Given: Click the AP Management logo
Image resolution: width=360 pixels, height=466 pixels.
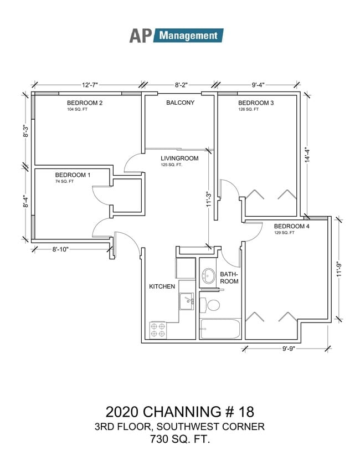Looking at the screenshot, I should (176, 35).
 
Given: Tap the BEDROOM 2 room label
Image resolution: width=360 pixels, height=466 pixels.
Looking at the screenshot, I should (85, 103).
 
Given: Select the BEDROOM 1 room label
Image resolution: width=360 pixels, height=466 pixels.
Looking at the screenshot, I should (73, 175).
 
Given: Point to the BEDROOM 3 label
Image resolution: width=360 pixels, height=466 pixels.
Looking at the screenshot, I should (256, 103).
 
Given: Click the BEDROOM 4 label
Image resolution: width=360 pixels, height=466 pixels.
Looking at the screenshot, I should (292, 226).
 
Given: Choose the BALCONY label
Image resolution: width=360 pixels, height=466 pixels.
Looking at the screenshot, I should (180, 103).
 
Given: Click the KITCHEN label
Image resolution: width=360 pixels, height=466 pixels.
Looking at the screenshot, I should (162, 286).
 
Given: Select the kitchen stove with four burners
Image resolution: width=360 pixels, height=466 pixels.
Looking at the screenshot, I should (158, 330).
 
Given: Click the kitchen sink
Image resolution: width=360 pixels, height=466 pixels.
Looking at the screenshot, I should (186, 301).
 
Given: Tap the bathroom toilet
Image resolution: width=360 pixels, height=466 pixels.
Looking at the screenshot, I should (211, 305).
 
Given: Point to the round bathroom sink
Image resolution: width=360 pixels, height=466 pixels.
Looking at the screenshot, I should (209, 275).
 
